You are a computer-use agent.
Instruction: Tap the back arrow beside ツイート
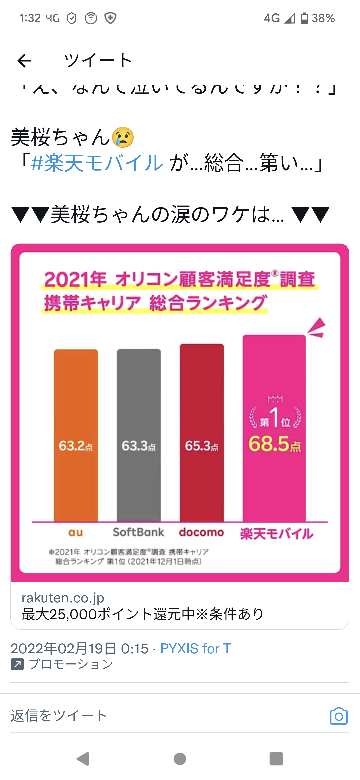[x=25, y=60]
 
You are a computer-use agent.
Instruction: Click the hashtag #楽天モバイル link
[x=75, y=163]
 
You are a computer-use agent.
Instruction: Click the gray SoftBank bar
[x=138, y=435]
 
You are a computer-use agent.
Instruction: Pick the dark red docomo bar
[x=202, y=430]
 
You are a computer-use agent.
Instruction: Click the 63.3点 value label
[x=138, y=445]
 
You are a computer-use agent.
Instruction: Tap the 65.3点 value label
[x=202, y=445]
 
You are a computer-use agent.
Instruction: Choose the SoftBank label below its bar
[x=138, y=533]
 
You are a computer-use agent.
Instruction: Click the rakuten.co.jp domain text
[x=62, y=596]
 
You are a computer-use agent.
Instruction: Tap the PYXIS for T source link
[x=196, y=648]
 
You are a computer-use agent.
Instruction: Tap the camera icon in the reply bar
[x=338, y=715]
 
